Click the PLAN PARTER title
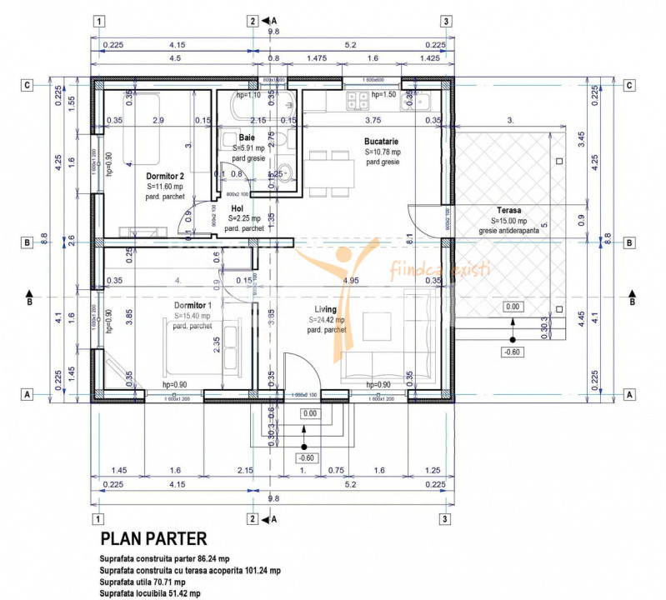tap(153, 539)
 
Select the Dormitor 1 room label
tap(193, 305)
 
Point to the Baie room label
tap(247, 137)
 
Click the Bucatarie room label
tap(383, 142)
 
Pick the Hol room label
tap(237, 207)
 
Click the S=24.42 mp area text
tap(327, 320)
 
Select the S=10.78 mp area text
tap(383, 152)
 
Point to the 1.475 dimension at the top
tap(316, 59)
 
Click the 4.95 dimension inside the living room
tap(350, 280)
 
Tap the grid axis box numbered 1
tap(100, 22)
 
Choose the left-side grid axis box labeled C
tap(28, 84)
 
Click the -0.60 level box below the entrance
tap(306, 457)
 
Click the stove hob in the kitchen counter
tap(358, 100)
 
